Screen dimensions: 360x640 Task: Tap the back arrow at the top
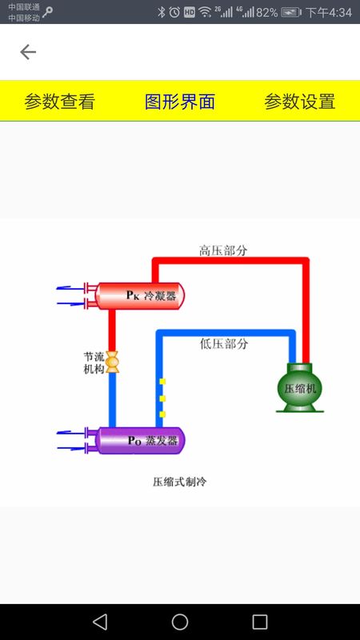[28, 52]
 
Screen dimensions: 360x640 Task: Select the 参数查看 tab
[59, 102]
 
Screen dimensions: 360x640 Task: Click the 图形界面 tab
[180, 102]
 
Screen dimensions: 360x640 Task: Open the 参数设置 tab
[300, 102]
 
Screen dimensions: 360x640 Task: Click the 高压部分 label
[223, 250]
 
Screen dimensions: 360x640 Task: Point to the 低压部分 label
[224, 344]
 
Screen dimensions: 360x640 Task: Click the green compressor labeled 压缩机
[300, 388]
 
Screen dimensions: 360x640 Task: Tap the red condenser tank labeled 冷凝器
[139, 295]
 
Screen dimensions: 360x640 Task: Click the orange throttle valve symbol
[112, 362]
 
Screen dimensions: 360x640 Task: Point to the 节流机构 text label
[94, 363]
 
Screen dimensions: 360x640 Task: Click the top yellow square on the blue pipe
[162, 382]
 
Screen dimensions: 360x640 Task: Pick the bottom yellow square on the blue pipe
[162, 414]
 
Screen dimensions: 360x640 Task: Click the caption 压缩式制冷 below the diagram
[180, 482]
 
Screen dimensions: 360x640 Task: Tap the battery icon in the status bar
[291, 12]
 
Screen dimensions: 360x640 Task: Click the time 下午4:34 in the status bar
[329, 13]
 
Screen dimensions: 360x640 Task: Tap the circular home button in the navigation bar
[180, 622]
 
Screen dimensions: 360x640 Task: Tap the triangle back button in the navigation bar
[100, 622]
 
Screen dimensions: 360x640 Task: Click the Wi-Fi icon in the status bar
[205, 12]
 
